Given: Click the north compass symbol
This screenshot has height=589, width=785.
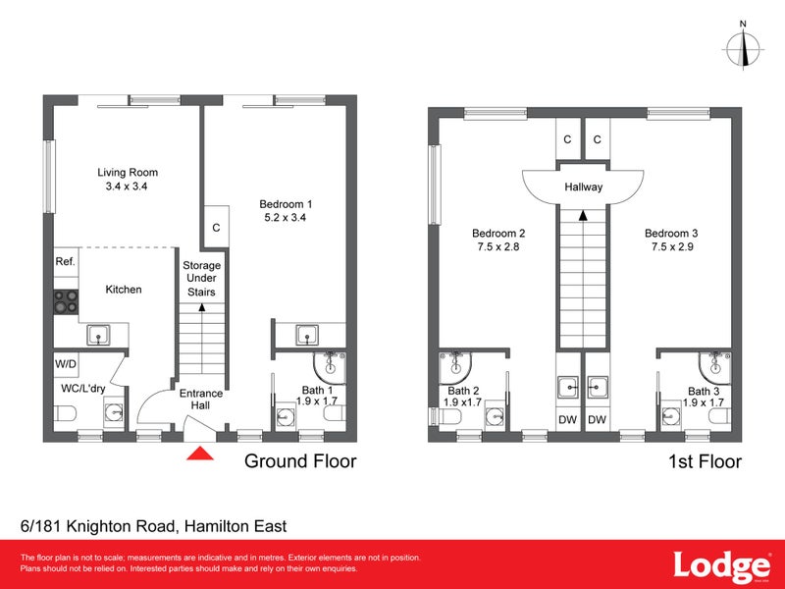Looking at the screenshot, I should coord(743,45).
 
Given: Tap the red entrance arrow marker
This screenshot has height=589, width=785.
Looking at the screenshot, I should coord(200,453).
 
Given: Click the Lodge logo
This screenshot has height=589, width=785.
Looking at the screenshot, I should coord(720,566).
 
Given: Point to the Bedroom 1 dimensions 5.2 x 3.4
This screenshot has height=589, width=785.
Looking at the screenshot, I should coord(286,218).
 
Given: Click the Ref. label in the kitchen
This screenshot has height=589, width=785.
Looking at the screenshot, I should coord(66,262).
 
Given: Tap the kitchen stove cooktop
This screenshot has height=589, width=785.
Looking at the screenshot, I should coord(66,301).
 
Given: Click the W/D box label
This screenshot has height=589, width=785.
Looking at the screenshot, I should coord(66,364).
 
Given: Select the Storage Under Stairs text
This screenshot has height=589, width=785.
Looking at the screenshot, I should coord(201,279).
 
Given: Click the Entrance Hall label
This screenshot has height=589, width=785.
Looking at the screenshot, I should coord(200,400).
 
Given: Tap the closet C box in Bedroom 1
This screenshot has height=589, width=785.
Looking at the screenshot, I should coord(216,228).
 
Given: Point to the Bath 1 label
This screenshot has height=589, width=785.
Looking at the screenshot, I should coord(316,390).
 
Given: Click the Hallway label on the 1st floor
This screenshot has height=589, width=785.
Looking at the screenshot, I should coord(583,187).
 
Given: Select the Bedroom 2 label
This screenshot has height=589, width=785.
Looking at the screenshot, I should coord(498,233).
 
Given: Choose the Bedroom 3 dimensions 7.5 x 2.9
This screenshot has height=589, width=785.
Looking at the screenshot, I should coord(671,247).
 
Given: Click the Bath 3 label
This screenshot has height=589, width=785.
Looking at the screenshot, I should coord(705,391).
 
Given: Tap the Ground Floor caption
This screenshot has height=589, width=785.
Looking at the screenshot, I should coord(299,461).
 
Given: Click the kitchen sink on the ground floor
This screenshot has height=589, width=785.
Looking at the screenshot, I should coord(98,336).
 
